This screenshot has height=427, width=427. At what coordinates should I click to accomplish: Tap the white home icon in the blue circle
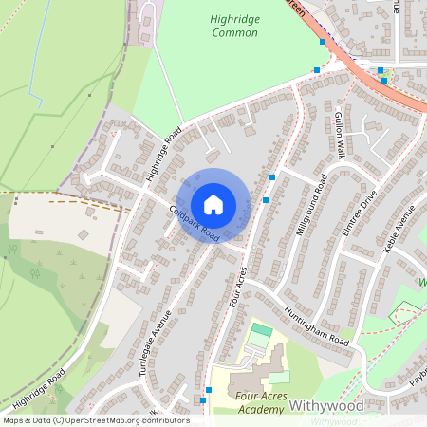coord(213,204)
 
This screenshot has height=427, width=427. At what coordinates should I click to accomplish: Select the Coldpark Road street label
coord(195,223)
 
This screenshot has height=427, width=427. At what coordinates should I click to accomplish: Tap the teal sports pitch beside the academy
coord(260,333)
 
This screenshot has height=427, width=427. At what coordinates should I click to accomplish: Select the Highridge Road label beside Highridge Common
coord(163,154)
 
